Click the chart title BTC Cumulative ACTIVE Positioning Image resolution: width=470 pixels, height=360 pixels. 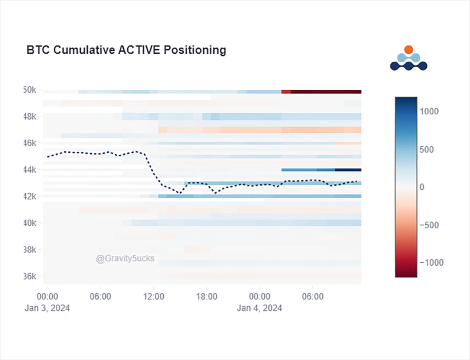pos(126,50)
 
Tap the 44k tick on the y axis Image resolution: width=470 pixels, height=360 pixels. pos(30,170)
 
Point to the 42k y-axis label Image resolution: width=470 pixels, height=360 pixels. pos(30,196)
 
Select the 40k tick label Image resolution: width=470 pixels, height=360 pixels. pos(30,223)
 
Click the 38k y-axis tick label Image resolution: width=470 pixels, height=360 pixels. pos(30,250)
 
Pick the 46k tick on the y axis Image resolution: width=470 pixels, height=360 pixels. pos(30,143)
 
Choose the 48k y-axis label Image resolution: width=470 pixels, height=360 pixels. pos(30,117)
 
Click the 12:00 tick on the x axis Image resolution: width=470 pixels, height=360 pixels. pos(154,297)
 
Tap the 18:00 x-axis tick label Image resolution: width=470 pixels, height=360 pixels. pos(207,297)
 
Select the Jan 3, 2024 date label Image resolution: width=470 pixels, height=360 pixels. pos(47,308)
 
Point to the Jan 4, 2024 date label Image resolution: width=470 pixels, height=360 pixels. pos(259,308)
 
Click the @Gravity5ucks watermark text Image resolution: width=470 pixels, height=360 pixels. pos(125,258)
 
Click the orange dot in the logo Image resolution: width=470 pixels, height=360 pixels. pos(408,50)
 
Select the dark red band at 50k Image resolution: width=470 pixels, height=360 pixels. pos(326,92)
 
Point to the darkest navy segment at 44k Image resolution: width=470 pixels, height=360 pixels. pos(348,170)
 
